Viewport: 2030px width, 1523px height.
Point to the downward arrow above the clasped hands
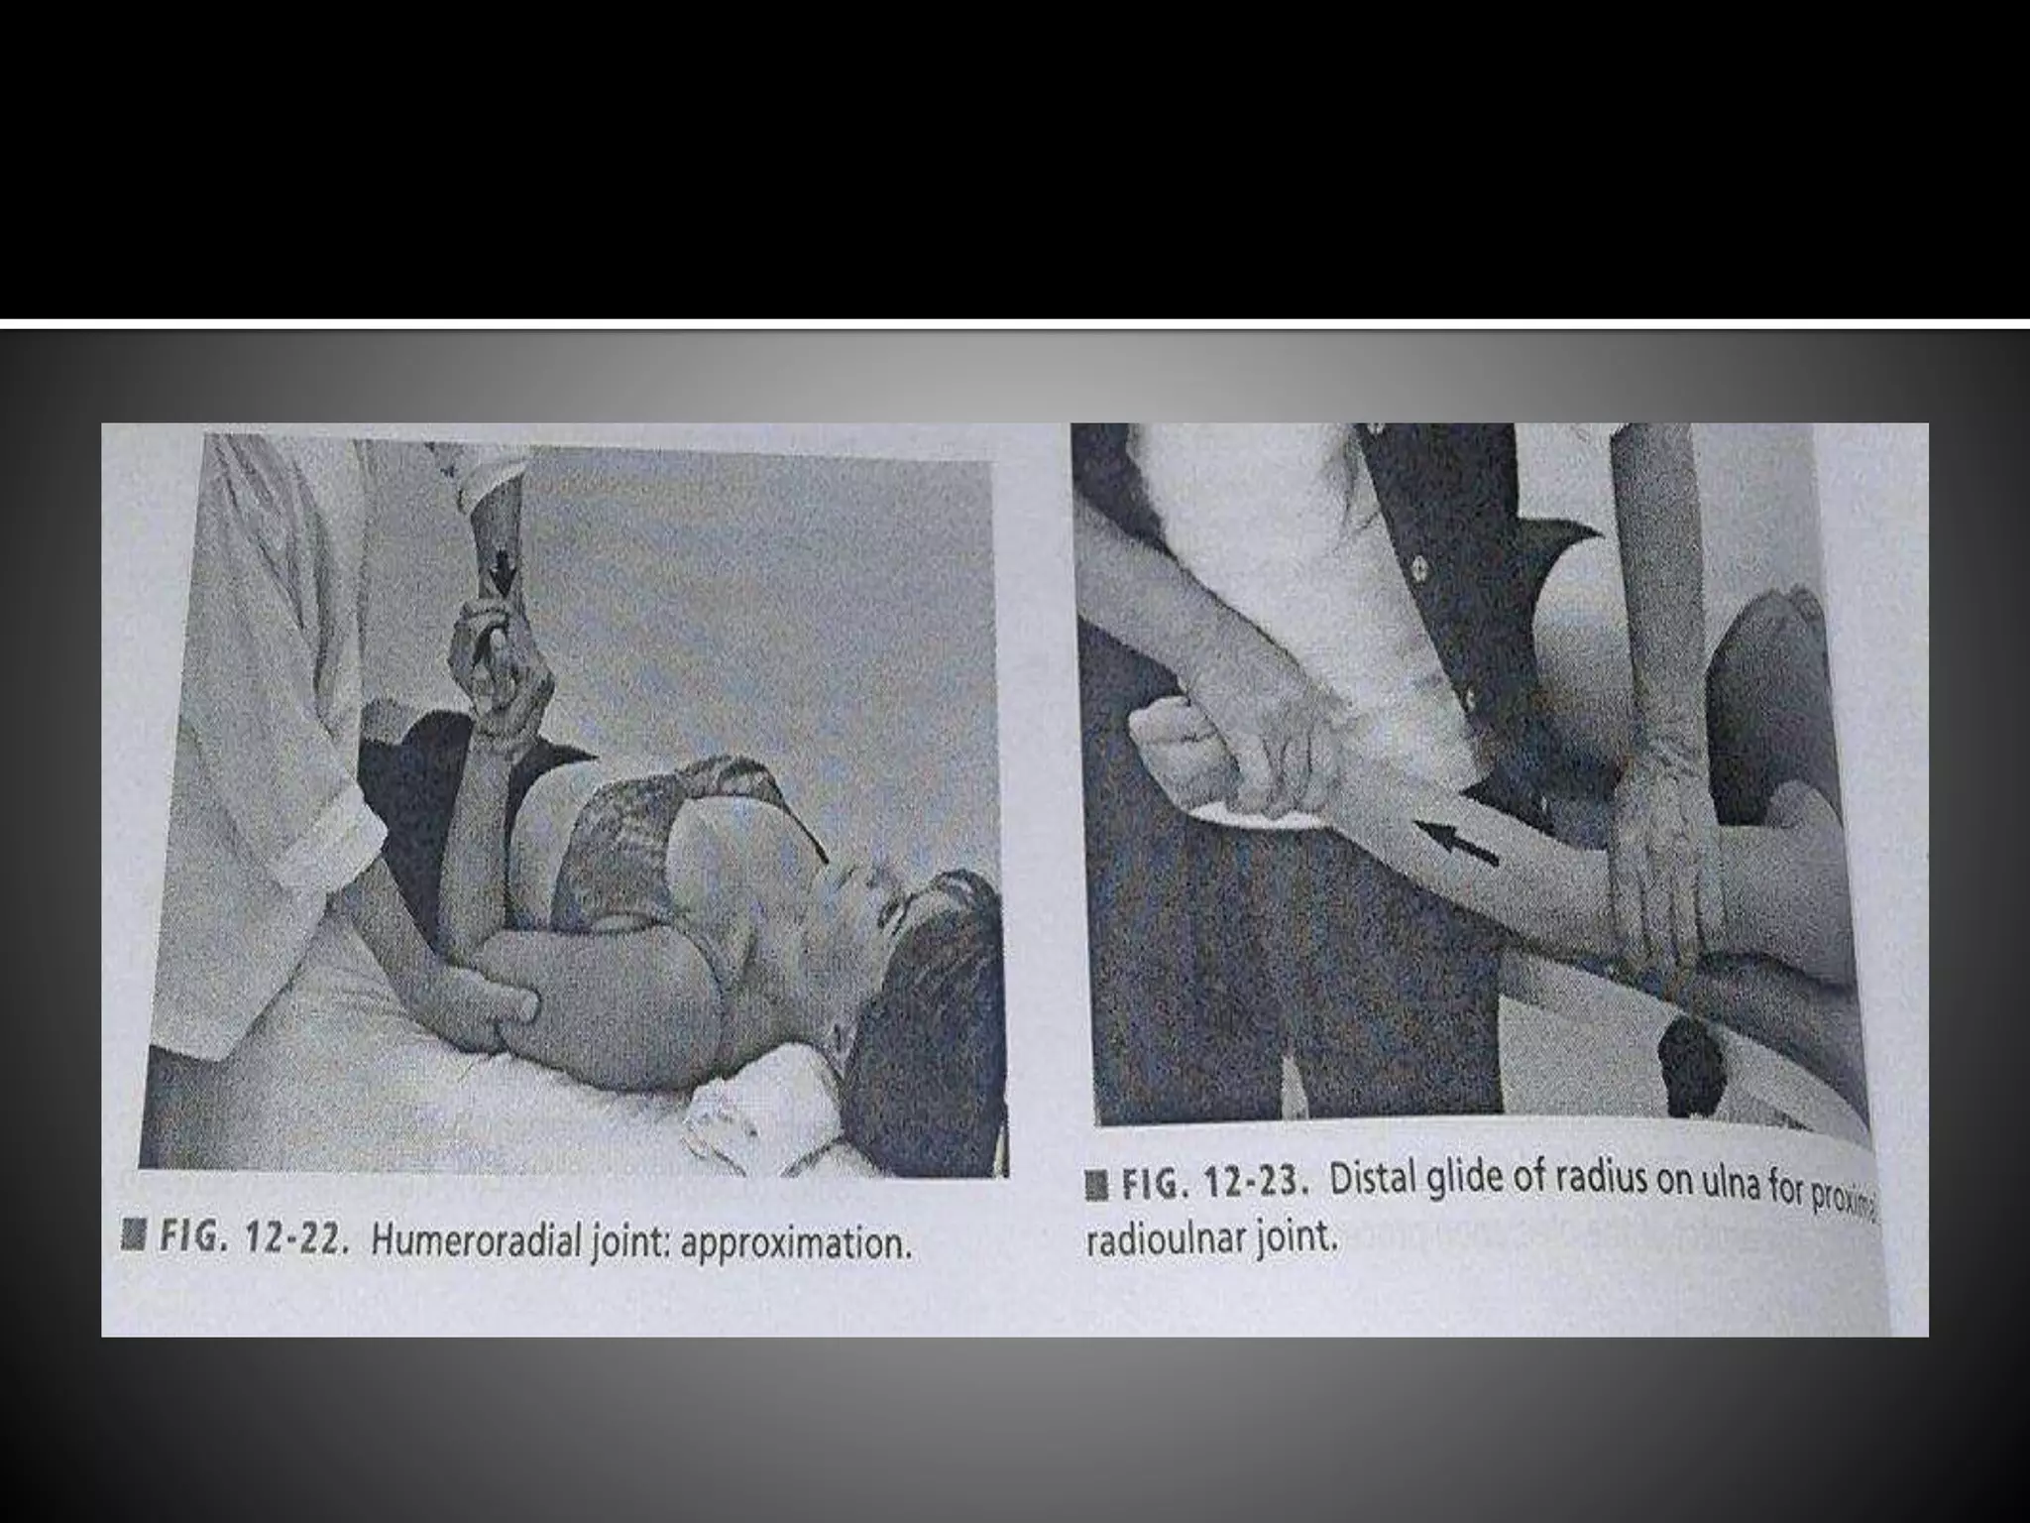click(504, 574)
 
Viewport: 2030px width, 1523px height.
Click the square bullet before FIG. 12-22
click(128, 1235)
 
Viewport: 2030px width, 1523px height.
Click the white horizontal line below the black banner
click(1015, 323)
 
